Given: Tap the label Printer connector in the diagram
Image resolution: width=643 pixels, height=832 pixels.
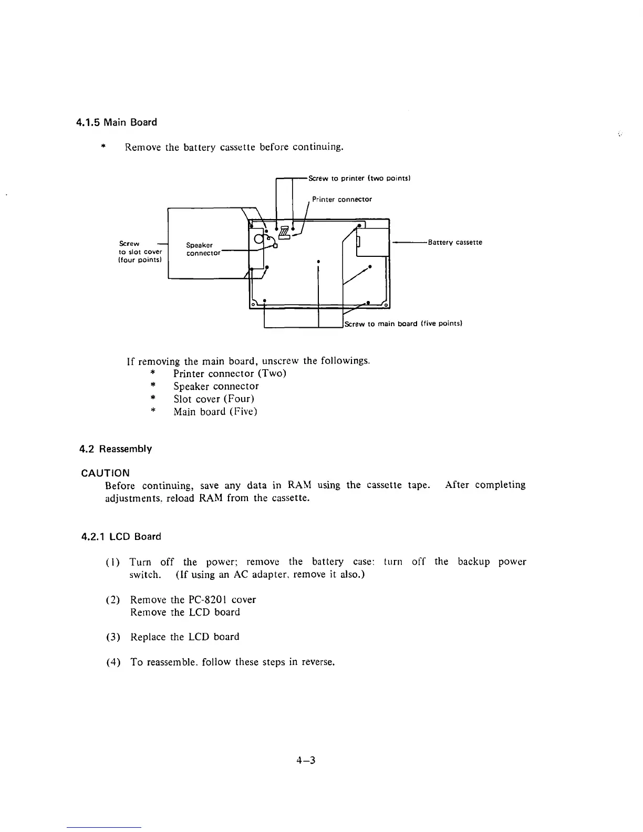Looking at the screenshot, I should click(341, 200).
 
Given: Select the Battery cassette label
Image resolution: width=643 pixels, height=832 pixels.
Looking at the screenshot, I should click(455, 242).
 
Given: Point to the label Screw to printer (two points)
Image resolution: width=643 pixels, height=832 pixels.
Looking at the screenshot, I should click(359, 178).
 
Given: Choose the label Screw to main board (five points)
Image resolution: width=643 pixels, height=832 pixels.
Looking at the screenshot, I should click(403, 324).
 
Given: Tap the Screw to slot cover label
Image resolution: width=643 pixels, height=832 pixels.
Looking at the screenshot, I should click(140, 252).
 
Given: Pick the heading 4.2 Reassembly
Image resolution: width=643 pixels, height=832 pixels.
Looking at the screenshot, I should click(116, 449).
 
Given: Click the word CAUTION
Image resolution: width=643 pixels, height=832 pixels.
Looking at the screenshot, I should click(106, 473).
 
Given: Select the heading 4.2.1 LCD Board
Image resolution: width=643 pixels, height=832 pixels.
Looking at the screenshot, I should click(121, 537).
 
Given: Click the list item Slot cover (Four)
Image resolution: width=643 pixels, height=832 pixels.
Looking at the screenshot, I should click(214, 399).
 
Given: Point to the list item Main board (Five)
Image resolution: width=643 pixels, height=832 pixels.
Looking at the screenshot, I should click(215, 411).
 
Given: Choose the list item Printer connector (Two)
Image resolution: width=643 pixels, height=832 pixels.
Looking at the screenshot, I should click(230, 373).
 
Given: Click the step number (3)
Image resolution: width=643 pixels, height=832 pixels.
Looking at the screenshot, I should click(113, 637).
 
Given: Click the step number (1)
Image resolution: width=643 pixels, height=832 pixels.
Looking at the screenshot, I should click(113, 562).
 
